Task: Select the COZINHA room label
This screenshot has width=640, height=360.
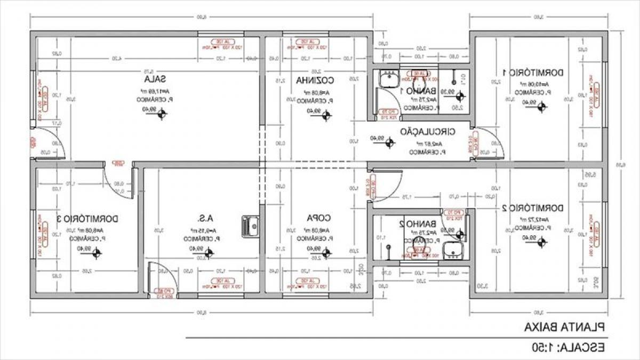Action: tap(315, 80)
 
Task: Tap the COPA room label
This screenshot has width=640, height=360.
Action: tap(319, 218)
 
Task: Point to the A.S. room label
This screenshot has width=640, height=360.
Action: tap(207, 218)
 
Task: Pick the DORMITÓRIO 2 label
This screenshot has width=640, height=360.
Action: tap(533, 208)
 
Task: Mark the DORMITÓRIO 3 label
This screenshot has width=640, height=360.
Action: tap(87, 219)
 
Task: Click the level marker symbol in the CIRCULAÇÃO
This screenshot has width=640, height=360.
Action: tap(390, 142)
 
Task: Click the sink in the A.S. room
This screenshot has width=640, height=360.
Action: tap(250, 225)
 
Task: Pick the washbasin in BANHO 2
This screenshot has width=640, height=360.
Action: tap(453, 250)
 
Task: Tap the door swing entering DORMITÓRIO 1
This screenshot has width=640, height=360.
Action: tap(491, 142)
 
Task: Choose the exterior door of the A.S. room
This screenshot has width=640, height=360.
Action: tap(162, 278)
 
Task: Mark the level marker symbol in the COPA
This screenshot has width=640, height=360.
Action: tap(326, 252)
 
